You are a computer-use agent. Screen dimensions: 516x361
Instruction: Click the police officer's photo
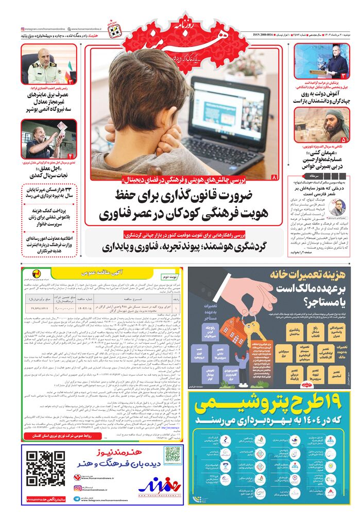tap(48, 65)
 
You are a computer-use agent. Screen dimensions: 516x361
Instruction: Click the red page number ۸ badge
tap(274, 178)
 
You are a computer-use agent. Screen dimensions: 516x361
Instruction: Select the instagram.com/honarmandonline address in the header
tap(45, 29)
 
